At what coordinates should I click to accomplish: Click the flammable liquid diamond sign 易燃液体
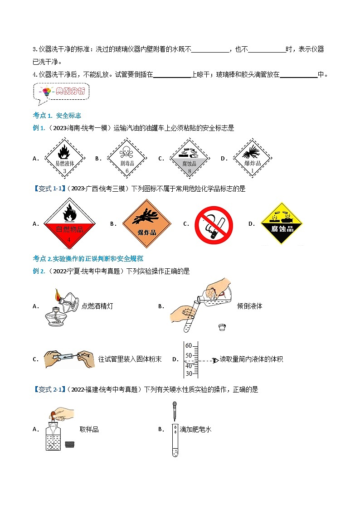[65, 158]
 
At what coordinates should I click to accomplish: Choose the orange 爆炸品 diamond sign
[147, 224]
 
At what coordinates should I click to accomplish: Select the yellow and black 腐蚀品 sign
[282, 223]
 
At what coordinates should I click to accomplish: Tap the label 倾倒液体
[249, 306]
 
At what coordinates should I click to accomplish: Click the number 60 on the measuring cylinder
[189, 346]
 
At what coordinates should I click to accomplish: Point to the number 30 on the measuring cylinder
[189, 373]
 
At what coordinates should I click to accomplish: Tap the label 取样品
[89, 429]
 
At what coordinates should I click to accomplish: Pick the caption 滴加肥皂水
[195, 429]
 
